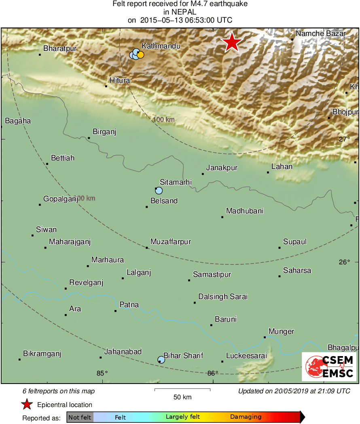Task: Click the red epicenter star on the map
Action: (x=232, y=42)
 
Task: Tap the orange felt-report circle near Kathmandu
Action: (x=140, y=55)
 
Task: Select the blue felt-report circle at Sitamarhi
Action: (x=159, y=190)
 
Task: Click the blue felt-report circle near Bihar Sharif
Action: (x=161, y=359)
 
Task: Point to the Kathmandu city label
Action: (x=161, y=46)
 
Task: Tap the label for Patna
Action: (x=129, y=305)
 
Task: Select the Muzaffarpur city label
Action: (x=170, y=242)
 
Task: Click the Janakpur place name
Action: (x=222, y=167)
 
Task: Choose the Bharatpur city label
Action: (x=60, y=49)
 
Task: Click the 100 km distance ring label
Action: (x=164, y=120)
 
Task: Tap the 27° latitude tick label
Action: (x=344, y=139)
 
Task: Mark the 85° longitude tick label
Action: (x=102, y=373)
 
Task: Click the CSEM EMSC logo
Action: (x=329, y=366)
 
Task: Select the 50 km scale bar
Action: (x=182, y=390)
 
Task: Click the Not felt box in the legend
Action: (x=80, y=417)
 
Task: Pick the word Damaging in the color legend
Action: (x=246, y=417)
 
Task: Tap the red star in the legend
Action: (x=27, y=404)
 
